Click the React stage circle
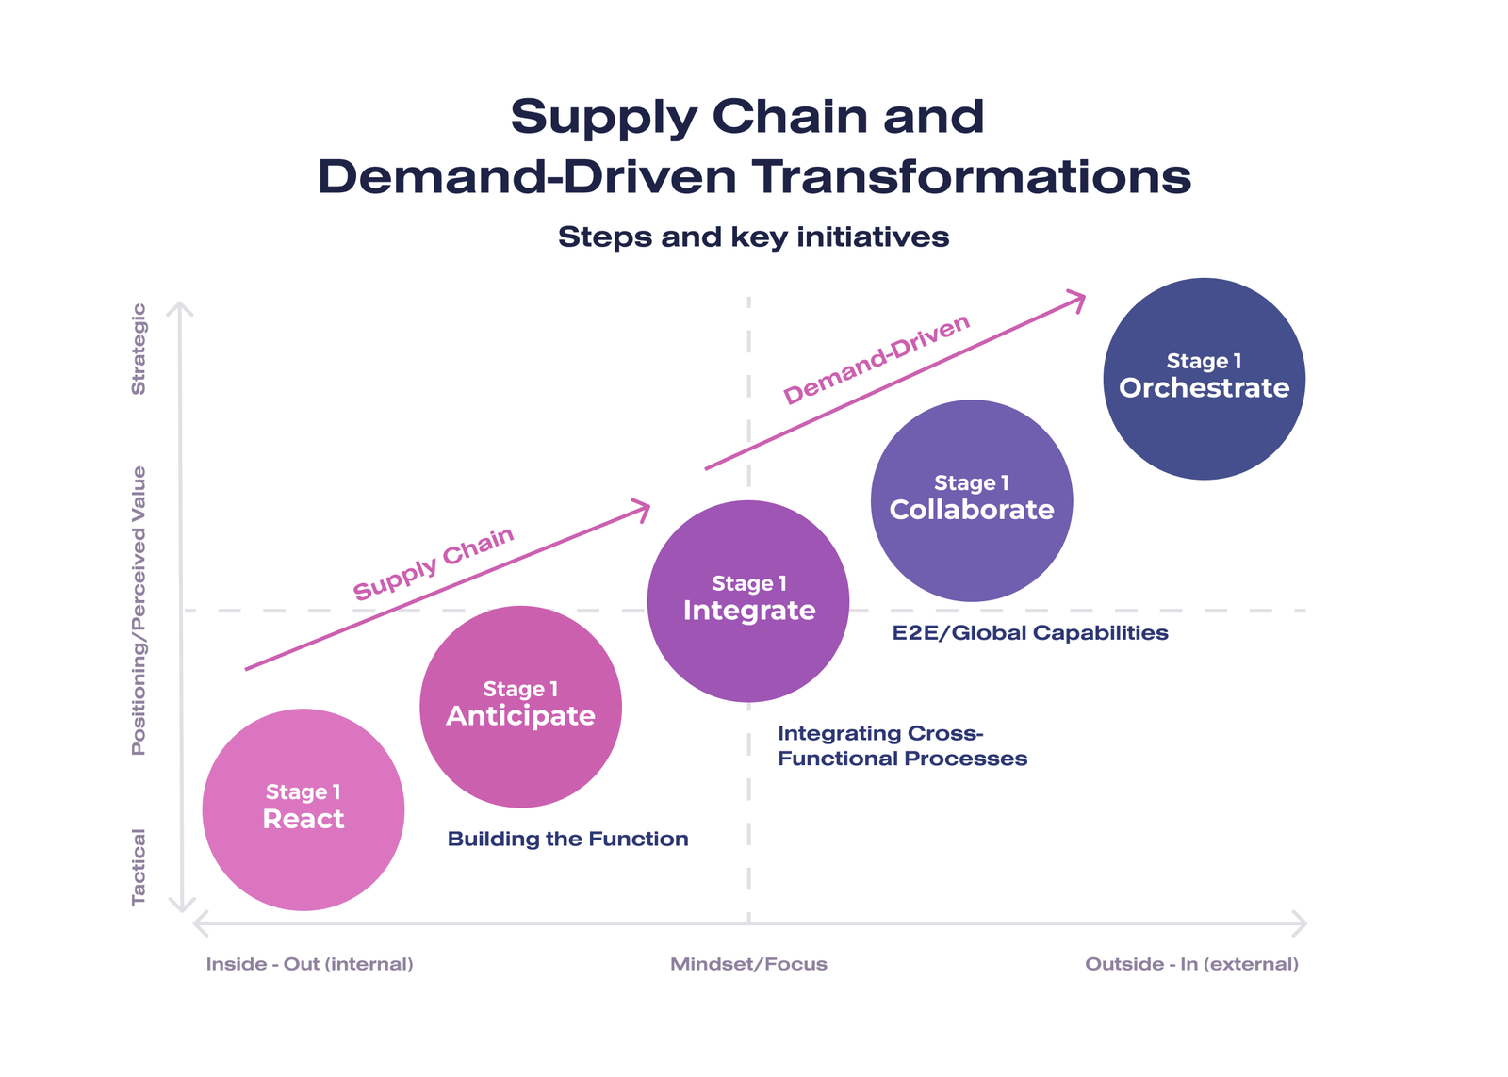point(303,809)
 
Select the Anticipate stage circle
point(520,707)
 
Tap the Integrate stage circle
point(748,601)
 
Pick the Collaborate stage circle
point(972,500)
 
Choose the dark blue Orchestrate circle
point(1204,378)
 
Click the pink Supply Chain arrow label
point(434,563)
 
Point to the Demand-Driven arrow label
point(877,359)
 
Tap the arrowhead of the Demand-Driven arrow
point(1078,301)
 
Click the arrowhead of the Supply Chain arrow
point(644,510)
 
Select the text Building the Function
point(567,839)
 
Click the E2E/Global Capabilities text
point(1030,632)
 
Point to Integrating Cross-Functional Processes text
point(902,745)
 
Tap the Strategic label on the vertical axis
point(139,349)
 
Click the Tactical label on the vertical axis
point(139,867)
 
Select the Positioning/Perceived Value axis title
point(139,611)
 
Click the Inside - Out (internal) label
point(309,964)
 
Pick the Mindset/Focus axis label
point(748,964)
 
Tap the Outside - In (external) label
point(1191,964)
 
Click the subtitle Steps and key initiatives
point(753,237)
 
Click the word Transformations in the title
point(972,177)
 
